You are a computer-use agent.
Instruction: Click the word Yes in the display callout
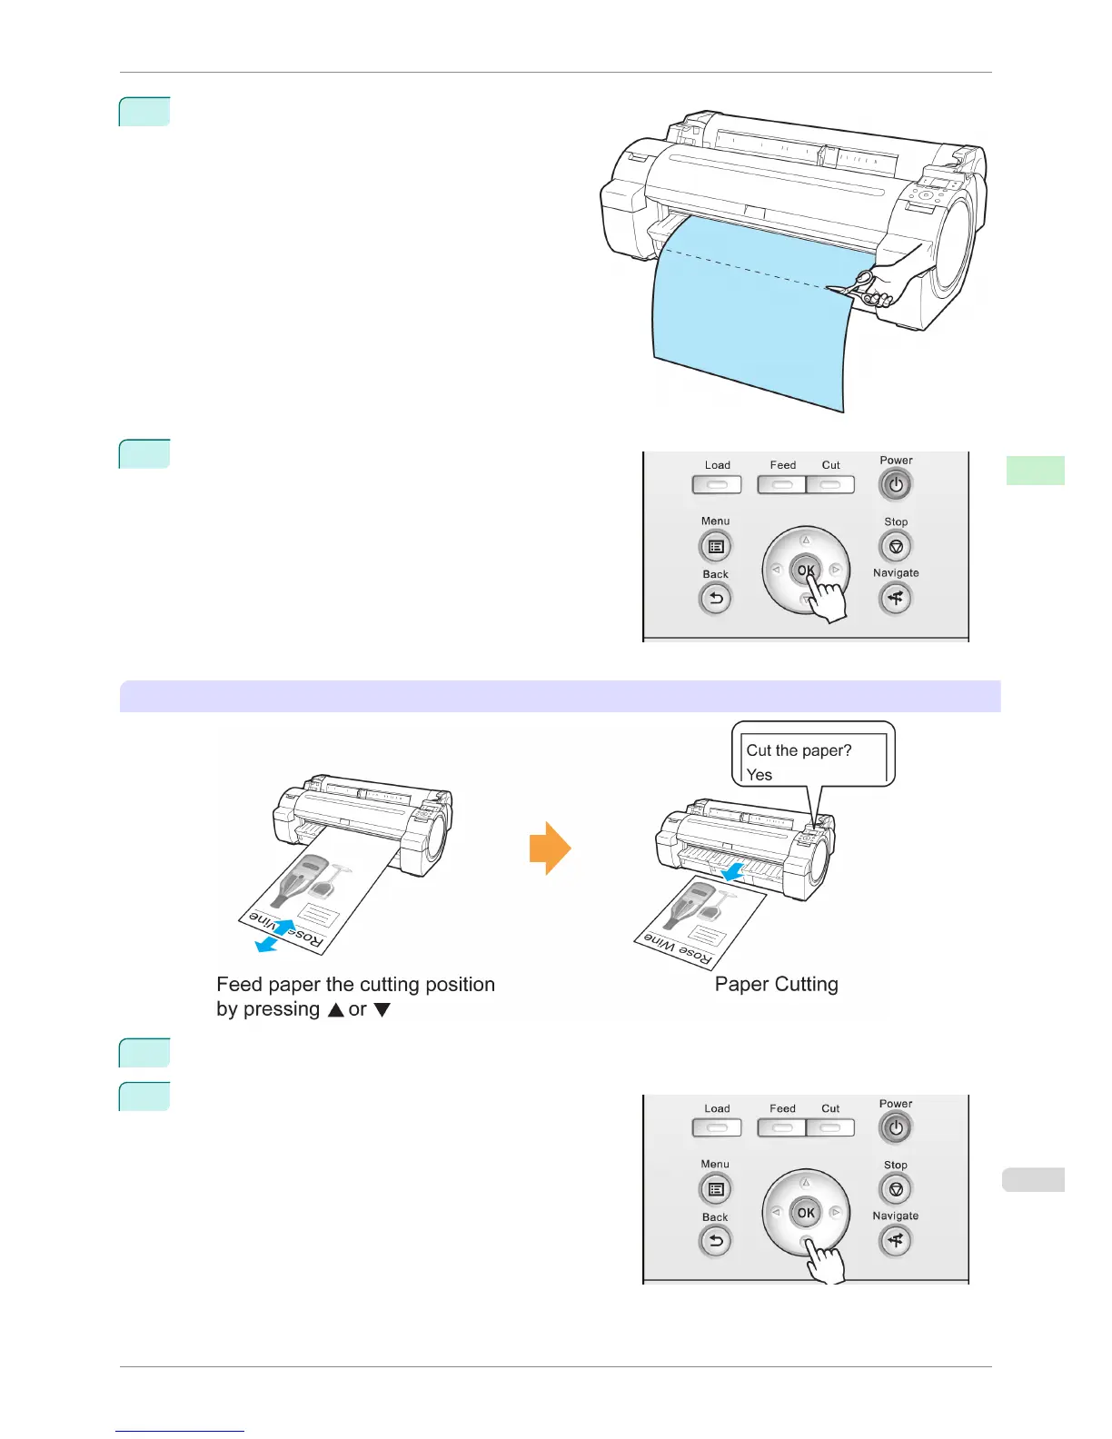(760, 775)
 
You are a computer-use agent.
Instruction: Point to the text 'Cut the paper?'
(799, 750)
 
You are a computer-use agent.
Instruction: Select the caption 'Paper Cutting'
(776, 985)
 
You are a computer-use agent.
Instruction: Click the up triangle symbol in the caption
(335, 1010)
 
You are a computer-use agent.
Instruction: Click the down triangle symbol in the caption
(382, 1010)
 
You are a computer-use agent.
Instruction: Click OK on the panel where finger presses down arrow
(806, 1213)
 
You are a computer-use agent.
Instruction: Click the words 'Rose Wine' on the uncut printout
(285, 929)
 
